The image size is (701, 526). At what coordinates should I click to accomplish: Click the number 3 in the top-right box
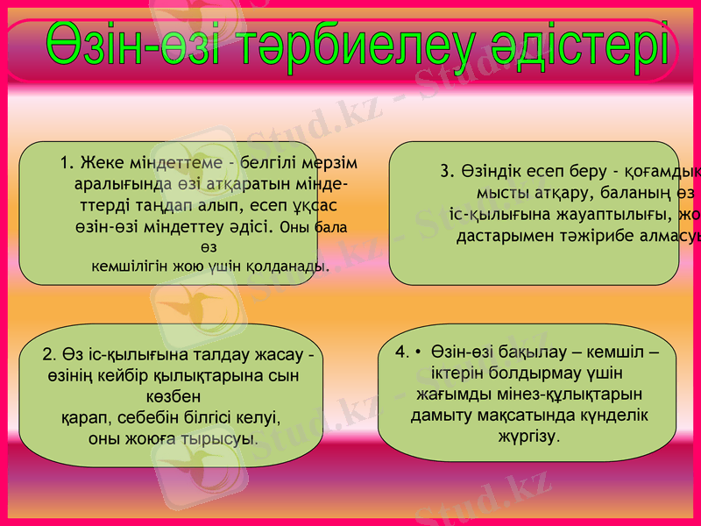(x=445, y=171)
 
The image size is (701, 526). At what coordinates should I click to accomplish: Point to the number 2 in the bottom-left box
(x=46, y=355)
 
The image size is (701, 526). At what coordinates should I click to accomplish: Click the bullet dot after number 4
(x=418, y=352)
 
